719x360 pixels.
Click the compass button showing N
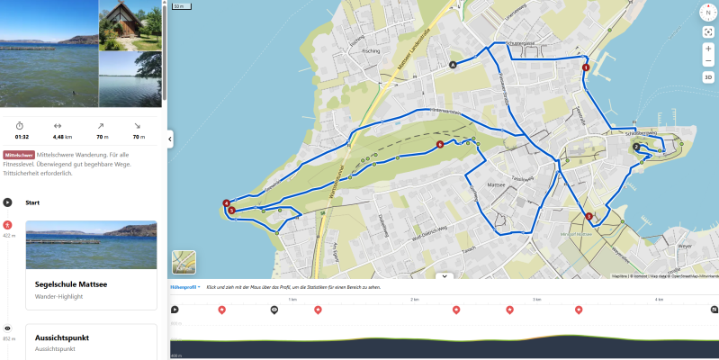(x=707, y=12)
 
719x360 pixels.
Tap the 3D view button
(x=708, y=77)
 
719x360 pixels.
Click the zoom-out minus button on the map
(x=708, y=61)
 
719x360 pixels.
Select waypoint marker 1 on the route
(x=586, y=67)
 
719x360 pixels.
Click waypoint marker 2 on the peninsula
(x=635, y=147)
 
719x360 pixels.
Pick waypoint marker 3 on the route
(x=589, y=216)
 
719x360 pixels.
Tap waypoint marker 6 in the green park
(x=439, y=144)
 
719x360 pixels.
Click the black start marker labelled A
(x=453, y=64)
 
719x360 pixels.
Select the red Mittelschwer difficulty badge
(x=19, y=155)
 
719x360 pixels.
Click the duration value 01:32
(x=22, y=137)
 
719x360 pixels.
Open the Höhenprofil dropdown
(x=185, y=286)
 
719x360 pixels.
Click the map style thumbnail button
(x=184, y=262)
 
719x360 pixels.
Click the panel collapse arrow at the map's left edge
(x=170, y=138)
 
